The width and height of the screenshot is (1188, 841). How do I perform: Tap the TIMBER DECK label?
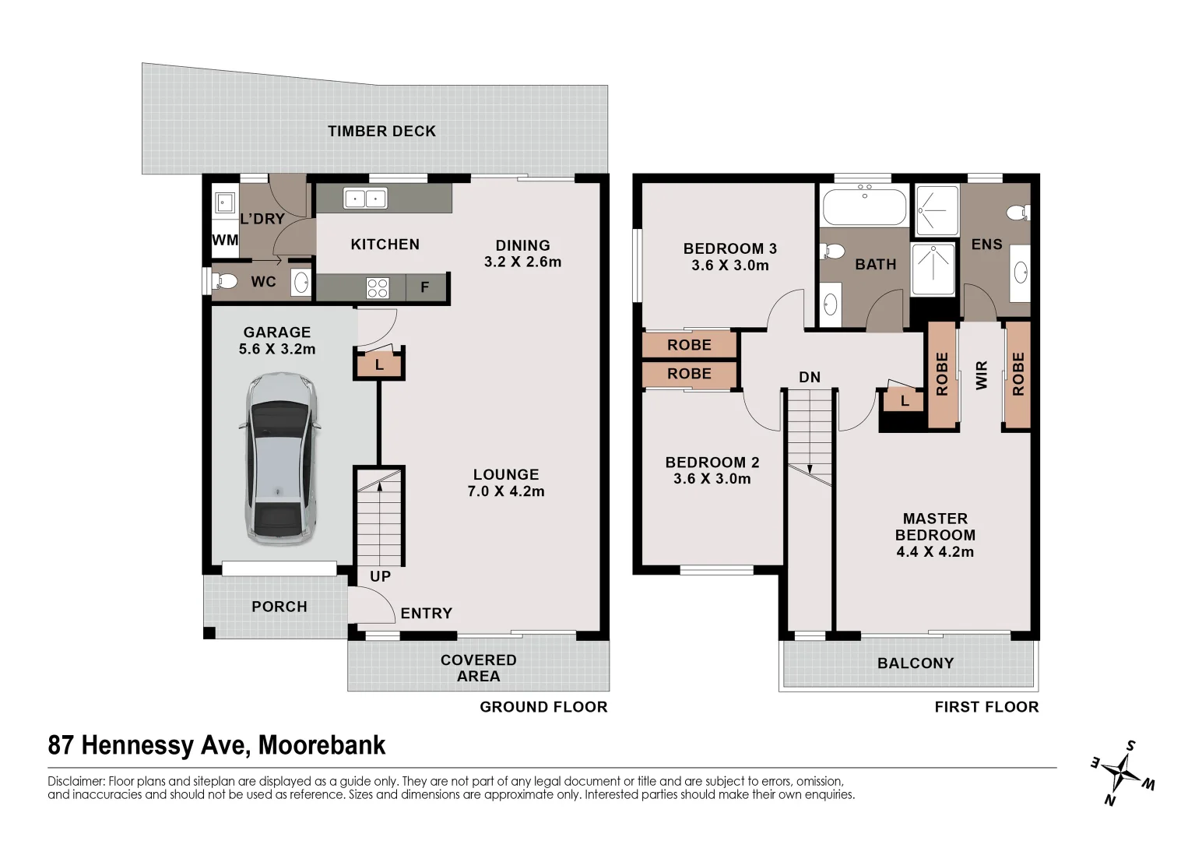pyautogui.click(x=381, y=131)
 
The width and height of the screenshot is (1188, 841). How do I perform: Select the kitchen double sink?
pyautogui.click(x=365, y=199)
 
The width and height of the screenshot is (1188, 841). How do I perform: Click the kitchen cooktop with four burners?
pyautogui.click(x=378, y=287)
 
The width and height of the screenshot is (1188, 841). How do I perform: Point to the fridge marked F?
pyautogui.click(x=425, y=287)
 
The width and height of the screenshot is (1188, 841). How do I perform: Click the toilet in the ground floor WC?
pyautogui.click(x=226, y=280)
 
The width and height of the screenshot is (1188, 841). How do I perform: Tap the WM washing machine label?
pyautogui.click(x=225, y=241)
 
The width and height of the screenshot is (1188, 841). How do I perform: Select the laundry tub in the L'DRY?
pyautogui.click(x=225, y=204)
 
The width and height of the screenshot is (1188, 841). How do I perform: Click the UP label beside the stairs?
pyautogui.click(x=380, y=577)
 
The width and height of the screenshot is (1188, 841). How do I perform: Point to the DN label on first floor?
pyautogui.click(x=810, y=377)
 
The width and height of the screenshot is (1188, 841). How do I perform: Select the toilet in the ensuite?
pyautogui.click(x=1017, y=212)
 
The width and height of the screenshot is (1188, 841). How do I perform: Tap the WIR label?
pyautogui.click(x=981, y=376)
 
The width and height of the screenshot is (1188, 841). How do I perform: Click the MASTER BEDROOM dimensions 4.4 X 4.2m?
pyautogui.click(x=935, y=552)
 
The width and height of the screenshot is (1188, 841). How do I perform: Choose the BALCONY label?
pyautogui.click(x=915, y=663)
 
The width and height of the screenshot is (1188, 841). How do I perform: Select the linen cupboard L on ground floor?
pyautogui.click(x=379, y=364)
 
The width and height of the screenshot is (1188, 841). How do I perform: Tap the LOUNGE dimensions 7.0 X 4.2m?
pyautogui.click(x=506, y=491)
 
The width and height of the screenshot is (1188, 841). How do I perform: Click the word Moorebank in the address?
pyautogui.click(x=322, y=745)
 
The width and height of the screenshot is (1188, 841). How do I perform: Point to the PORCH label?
pyautogui.click(x=279, y=607)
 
